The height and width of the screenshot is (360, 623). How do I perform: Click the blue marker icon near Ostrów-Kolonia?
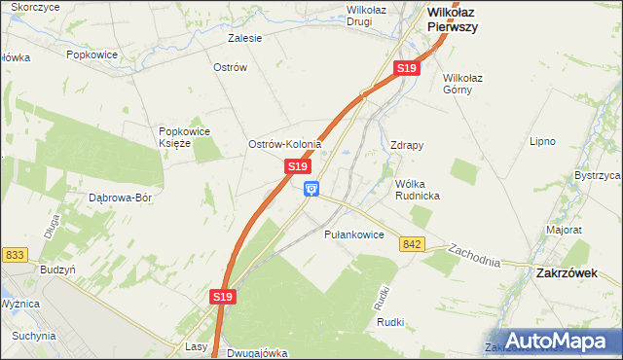311,189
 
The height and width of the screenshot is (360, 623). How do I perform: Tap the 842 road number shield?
411,244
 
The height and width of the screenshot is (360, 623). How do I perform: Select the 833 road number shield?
15,255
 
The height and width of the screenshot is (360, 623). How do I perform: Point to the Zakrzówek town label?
567,273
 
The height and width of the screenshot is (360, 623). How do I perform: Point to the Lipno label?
542,141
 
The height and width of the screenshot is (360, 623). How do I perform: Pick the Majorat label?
564,231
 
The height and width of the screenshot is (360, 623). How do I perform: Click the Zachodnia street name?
474,256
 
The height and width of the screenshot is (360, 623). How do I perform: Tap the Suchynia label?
34,336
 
